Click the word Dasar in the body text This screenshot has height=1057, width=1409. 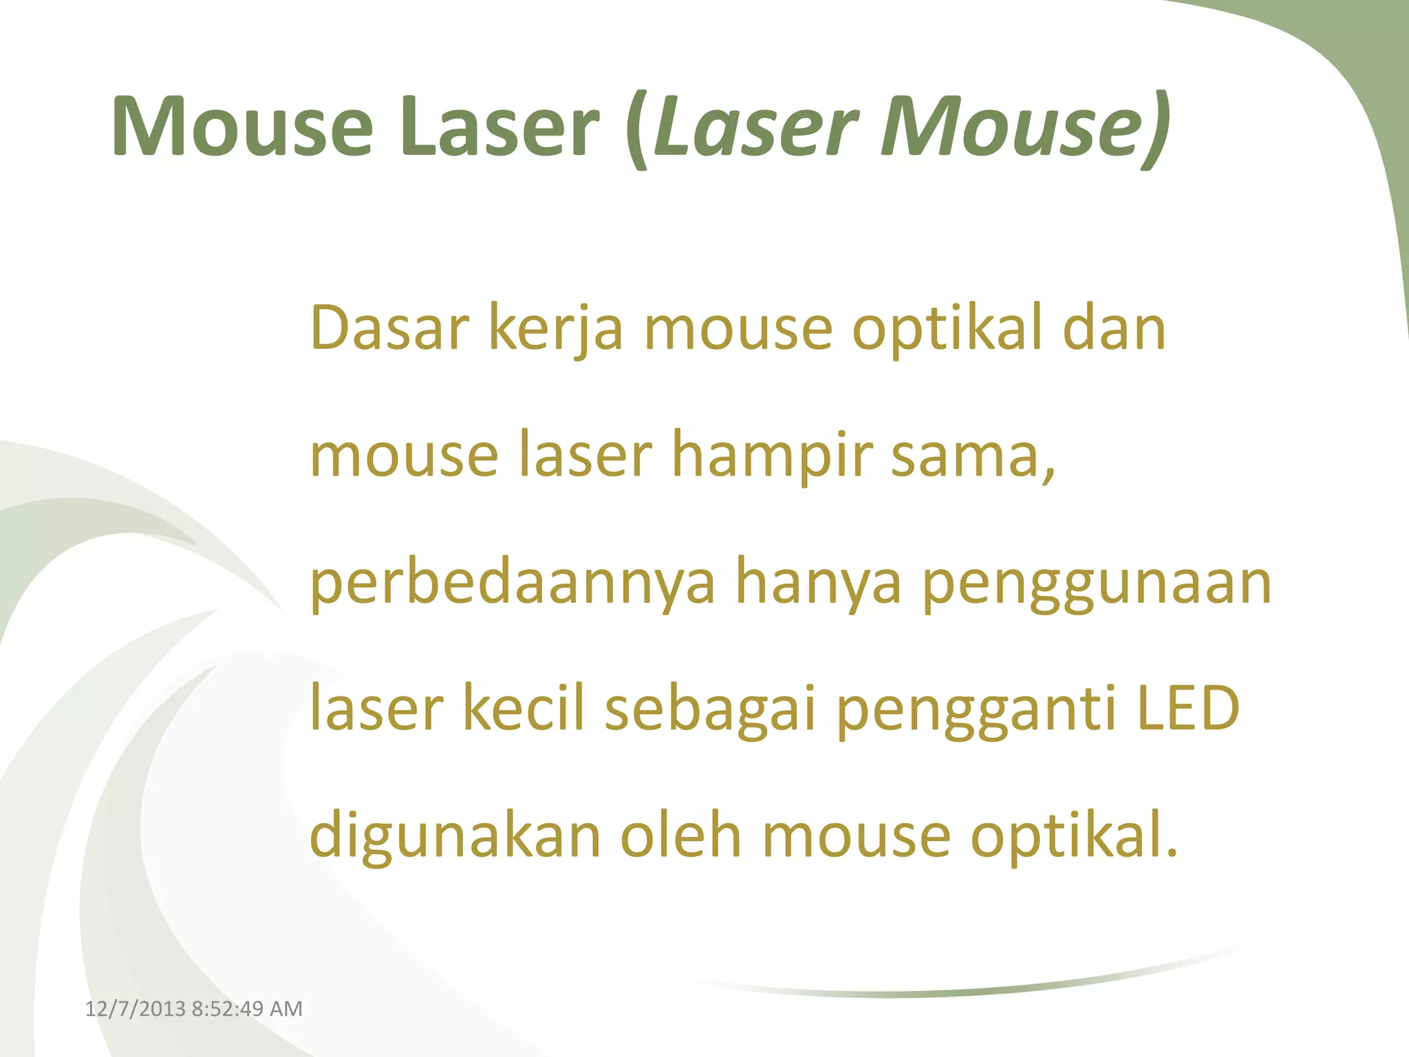click(x=389, y=328)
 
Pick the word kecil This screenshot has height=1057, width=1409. click(x=523, y=709)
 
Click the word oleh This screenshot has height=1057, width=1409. click(x=681, y=836)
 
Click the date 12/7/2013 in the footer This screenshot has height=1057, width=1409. click(x=135, y=1009)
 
